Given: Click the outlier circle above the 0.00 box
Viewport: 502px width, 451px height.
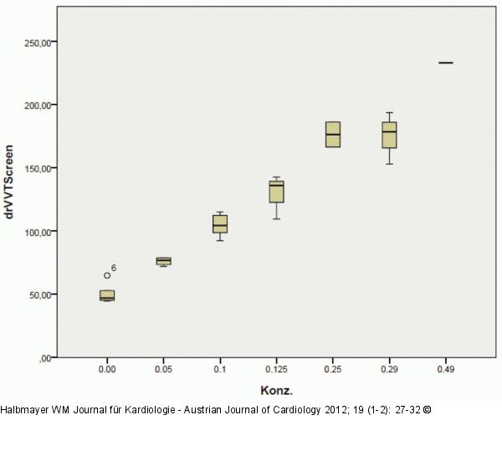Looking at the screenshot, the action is coord(107,275).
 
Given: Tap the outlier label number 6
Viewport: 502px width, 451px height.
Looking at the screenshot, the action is coord(114,268).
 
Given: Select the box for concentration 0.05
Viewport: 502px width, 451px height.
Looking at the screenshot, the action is coord(164,261).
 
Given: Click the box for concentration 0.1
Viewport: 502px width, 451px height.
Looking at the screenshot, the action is coord(220,224).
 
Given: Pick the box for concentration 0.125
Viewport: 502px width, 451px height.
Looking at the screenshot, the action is coord(276,192).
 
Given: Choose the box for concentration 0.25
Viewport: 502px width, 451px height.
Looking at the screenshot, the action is coord(333,135).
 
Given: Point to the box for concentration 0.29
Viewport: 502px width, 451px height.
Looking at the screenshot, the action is coord(389,135).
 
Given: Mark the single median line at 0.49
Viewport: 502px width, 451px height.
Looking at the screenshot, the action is coord(446,63).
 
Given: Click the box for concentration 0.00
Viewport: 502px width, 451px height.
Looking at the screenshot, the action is coord(107,295).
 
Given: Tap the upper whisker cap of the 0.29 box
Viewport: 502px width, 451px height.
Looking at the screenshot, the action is coord(389,112).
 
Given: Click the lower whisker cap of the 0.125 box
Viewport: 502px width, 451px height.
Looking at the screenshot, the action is coord(276,219).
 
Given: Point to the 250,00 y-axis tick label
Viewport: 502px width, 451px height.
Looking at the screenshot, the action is coord(38,43).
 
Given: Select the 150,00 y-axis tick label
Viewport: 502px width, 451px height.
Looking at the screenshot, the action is coord(38,169).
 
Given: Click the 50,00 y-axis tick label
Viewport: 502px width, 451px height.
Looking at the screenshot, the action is coord(40,295).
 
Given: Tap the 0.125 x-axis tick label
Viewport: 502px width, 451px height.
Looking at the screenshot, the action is coord(276,369).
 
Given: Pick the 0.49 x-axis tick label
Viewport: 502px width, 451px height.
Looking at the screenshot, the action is coord(446,369).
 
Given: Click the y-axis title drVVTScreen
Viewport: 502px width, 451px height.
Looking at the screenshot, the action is coord(8,182).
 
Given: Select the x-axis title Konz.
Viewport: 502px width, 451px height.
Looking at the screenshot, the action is coord(277,391).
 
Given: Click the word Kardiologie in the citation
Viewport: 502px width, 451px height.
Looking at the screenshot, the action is coord(150,410).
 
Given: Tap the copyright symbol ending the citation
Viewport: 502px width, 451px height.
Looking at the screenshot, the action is coord(427,410).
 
